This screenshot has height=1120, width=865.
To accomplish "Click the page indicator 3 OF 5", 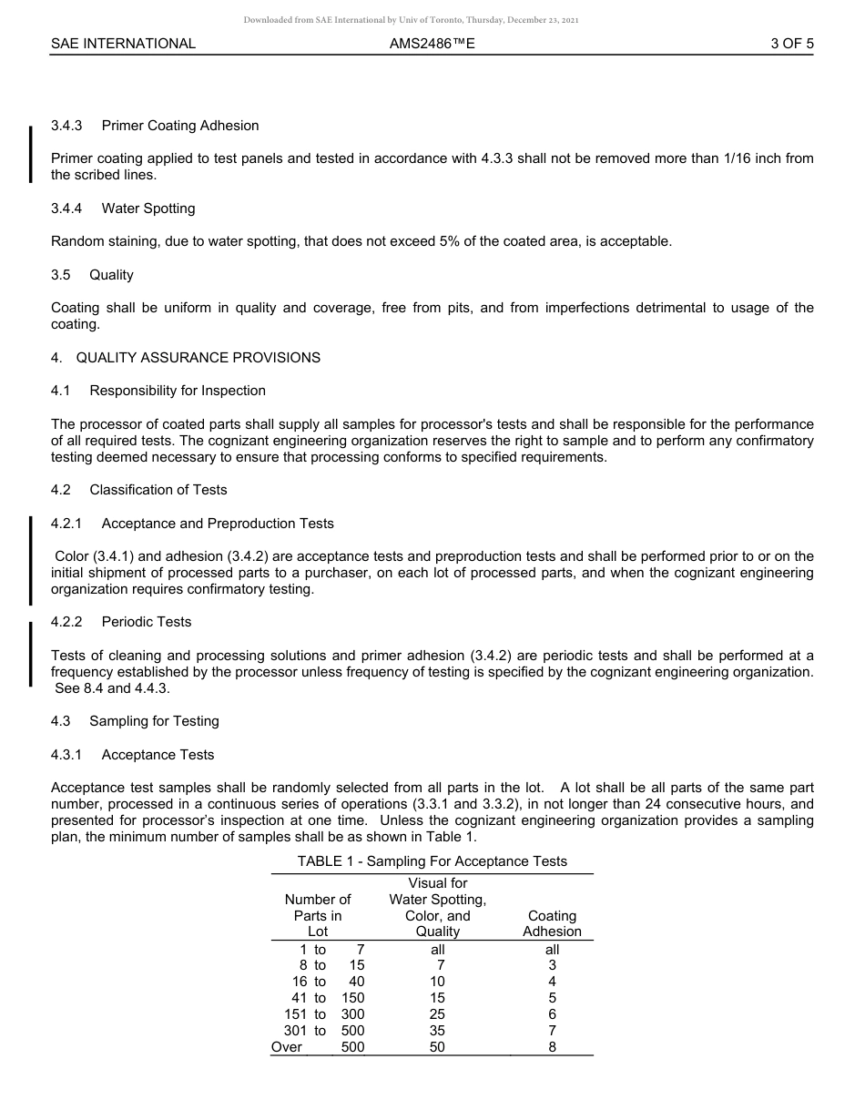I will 791,43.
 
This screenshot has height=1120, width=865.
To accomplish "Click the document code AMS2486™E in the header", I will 432,43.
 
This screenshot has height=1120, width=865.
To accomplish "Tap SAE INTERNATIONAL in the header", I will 123,43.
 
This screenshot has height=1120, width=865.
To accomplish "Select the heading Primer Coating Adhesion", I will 180,126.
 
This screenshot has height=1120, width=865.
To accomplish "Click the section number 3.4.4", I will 66,209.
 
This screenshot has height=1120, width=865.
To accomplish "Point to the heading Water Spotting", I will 148,209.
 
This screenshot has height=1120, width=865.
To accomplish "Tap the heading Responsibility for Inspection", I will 178,391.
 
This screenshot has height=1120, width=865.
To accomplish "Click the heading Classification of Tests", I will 158,490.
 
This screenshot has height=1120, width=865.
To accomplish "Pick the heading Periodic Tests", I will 147,622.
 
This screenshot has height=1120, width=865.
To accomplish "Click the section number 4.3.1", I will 66,755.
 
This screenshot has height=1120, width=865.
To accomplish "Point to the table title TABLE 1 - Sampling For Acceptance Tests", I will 432,861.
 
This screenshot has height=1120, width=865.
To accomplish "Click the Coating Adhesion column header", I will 552,923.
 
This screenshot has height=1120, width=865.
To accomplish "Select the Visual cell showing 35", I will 438,1031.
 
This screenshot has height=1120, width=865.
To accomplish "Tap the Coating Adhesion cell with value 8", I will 552,1047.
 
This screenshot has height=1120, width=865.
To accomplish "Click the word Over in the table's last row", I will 287,1047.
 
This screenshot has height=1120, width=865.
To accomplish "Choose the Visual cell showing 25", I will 438,1014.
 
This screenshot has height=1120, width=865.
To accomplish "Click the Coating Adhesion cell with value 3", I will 552,965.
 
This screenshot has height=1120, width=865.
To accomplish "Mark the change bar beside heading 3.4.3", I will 31,154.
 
